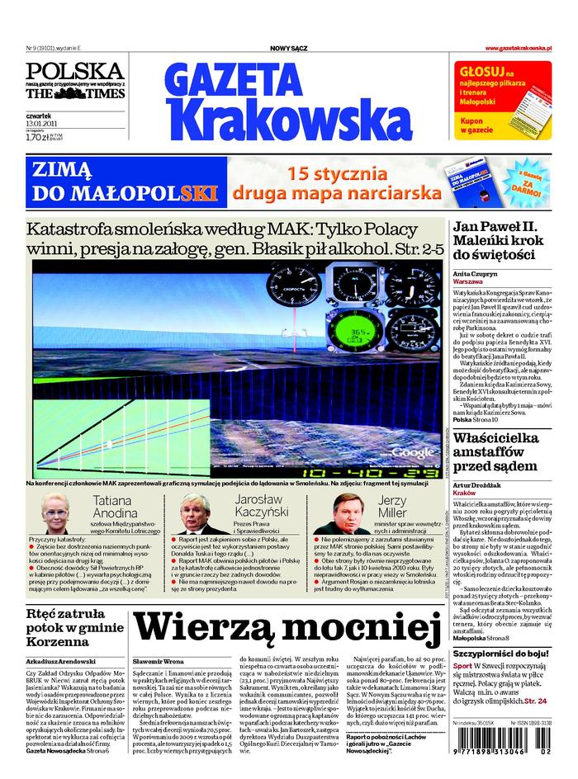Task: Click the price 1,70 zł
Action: pos(37,137)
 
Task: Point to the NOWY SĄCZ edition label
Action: pos(288,49)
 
